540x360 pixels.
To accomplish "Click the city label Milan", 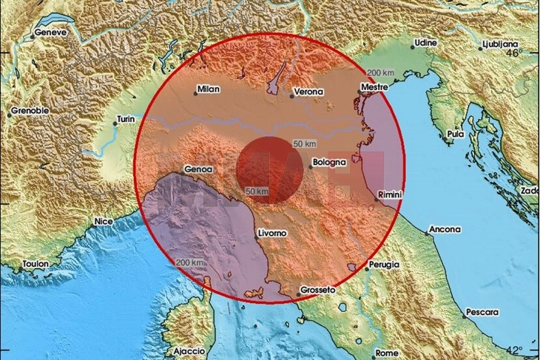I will click(x=209, y=90).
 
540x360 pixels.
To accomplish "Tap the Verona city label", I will click(x=308, y=92).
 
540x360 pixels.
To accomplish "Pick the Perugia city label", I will click(x=385, y=264).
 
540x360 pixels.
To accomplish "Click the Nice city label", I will click(x=104, y=221).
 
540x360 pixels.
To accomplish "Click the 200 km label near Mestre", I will click(x=380, y=72).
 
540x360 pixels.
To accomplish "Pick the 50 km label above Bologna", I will click(x=305, y=143).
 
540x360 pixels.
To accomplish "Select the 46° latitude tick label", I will click(x=524, y=52).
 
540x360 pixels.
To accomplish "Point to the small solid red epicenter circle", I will click(x=269, y=170).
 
